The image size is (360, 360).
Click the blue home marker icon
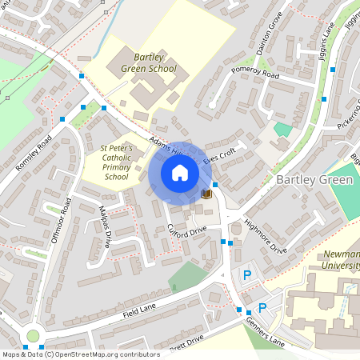pos(179,172)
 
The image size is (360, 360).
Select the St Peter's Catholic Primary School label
pos(116,162)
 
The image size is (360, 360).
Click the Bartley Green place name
pos(314,180)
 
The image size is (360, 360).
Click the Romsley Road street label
pos(34,153)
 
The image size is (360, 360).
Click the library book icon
pos(206,194)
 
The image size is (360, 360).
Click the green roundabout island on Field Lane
pos(32,336)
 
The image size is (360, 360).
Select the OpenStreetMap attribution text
pos(80,354)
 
